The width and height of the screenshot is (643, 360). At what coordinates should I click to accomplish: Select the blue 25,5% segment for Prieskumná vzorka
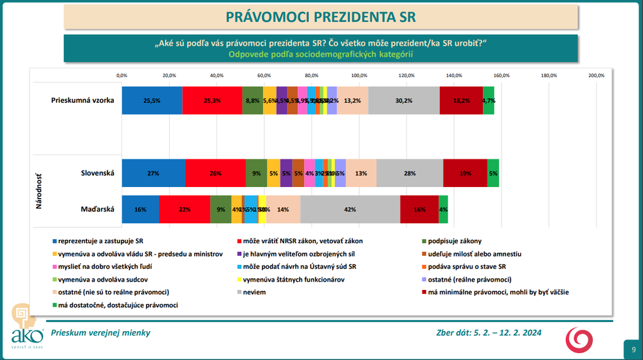(152, 100)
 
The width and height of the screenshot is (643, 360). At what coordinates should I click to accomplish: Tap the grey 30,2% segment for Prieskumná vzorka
(404, 100)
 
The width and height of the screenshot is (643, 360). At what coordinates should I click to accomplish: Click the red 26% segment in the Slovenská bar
(215, 173)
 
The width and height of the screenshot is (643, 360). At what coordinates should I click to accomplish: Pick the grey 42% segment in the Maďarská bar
(350, 210)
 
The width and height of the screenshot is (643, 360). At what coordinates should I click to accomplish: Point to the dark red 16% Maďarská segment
(419, 210)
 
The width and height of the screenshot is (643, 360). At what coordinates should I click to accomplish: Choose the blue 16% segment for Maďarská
(140, 210)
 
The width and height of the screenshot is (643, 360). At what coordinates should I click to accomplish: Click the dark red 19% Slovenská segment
(465, 173)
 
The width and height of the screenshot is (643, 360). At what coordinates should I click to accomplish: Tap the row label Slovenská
(98, 173)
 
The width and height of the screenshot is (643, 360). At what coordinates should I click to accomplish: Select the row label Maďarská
(98, 210)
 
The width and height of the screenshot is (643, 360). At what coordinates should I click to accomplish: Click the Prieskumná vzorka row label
(83, 100)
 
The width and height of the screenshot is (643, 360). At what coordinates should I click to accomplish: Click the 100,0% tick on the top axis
(359, 75)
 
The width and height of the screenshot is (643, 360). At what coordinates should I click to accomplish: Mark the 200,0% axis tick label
(597, 75)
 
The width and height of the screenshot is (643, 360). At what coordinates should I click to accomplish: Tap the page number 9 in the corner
(633, 347)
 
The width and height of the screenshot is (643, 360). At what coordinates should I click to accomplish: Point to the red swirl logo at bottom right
(579, 339)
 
